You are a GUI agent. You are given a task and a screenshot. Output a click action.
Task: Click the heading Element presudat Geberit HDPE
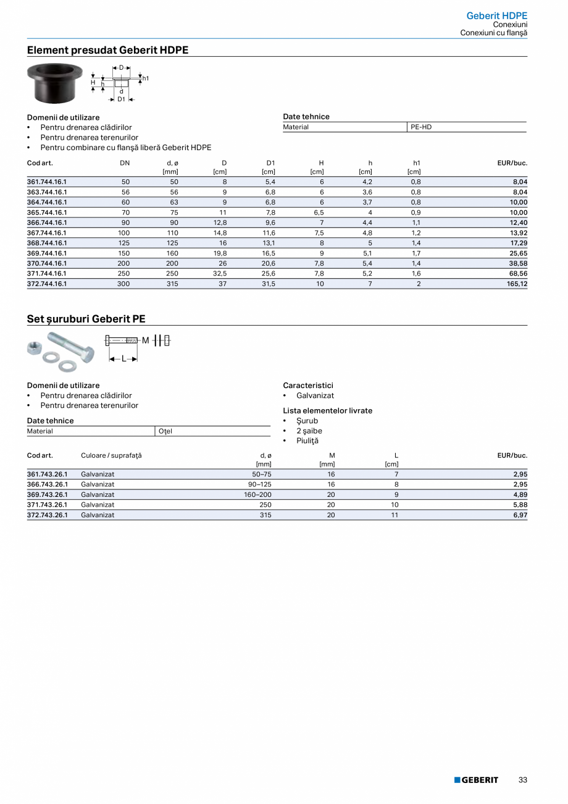pos(107,50)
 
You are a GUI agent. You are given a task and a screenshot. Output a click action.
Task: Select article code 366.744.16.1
pos(47,222)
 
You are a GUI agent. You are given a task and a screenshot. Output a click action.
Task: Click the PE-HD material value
pos(421,127)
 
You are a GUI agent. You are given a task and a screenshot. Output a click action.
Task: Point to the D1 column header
pos(270,163)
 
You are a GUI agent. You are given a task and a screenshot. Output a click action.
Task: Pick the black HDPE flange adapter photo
pos(55,83)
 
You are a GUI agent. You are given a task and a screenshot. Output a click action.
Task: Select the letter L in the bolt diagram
pos(123,358)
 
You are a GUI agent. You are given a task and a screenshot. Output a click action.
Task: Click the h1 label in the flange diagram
pos(146,78)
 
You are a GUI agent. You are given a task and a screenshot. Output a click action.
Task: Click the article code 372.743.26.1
pos(47,515)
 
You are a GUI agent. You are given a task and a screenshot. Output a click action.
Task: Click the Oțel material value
pos(165,431)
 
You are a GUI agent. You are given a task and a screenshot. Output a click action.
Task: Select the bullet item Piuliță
pos(307,441)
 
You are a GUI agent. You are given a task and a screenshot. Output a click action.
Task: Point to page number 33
pos(522,780)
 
